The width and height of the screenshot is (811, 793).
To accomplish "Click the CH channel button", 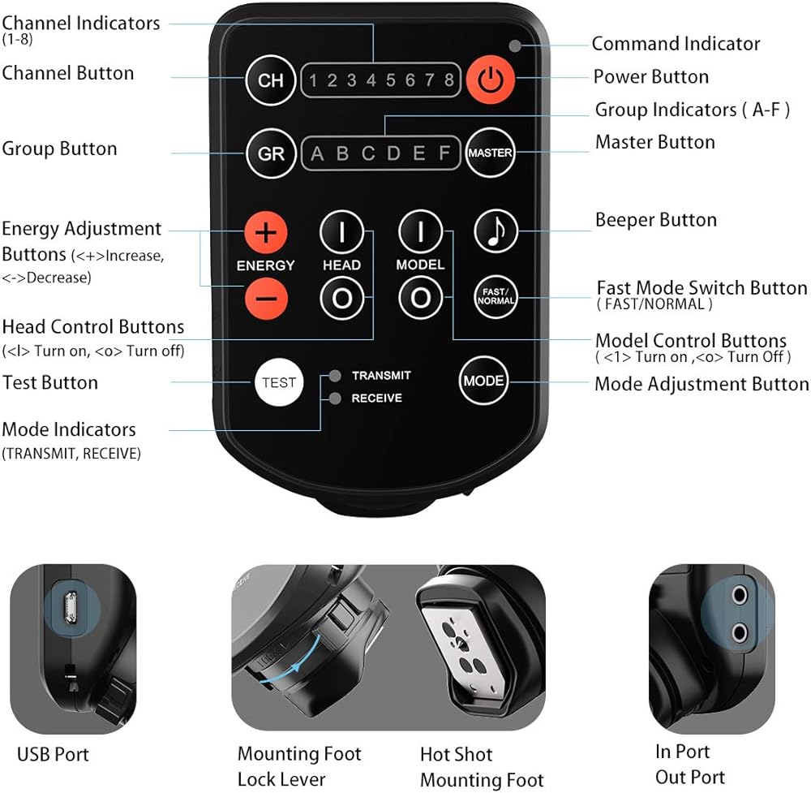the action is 271,80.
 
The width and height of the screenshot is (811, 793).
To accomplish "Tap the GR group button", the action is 271,153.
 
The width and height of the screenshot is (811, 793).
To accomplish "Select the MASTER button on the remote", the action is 490,153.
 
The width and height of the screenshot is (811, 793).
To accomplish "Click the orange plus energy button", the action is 266,232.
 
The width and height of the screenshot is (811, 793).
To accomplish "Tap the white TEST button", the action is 279,382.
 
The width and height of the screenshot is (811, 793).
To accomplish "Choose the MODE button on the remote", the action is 483,381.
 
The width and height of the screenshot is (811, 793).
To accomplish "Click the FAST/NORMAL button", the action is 496,296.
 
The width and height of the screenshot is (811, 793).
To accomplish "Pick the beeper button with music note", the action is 496,231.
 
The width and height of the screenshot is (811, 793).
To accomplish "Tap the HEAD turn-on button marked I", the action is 342,232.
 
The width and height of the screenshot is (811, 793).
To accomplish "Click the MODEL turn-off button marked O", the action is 420,298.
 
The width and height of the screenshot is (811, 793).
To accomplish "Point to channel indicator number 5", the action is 391,80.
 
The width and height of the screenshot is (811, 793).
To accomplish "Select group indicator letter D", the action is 393,153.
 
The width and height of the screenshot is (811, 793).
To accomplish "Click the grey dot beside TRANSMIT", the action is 335,375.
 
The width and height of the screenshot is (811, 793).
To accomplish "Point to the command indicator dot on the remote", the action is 515,46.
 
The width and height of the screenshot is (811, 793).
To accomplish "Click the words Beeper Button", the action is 656,220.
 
